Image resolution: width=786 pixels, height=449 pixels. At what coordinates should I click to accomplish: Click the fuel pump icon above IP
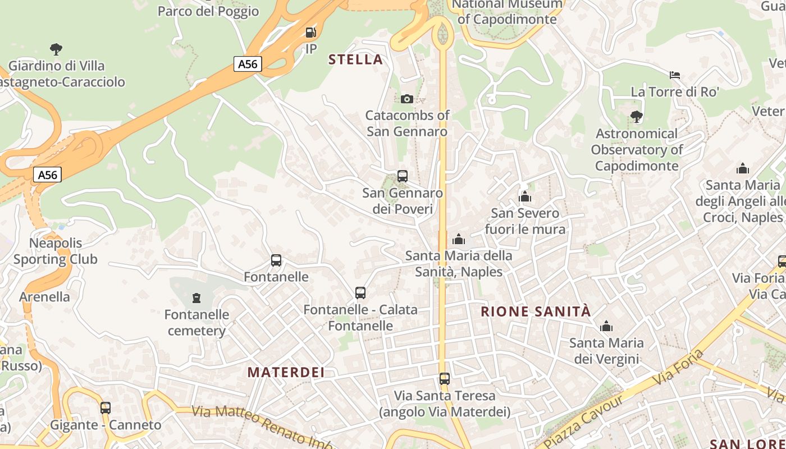coord(310,33)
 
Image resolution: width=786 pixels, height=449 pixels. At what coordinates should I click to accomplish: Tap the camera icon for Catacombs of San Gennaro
coord(407,99)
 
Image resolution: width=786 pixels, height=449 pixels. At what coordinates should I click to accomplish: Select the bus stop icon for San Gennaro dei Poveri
coord(403,176)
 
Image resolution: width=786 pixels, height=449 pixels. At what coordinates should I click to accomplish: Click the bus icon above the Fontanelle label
coord(276,260)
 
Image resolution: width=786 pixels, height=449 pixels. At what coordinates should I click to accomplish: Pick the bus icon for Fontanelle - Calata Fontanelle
coord(360,293)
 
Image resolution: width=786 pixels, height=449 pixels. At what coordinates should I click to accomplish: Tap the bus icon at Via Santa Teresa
coord(445,379)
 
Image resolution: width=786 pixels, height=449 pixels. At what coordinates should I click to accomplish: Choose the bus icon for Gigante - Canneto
coord(106,408)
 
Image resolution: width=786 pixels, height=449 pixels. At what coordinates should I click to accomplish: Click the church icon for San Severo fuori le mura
coord(525,196)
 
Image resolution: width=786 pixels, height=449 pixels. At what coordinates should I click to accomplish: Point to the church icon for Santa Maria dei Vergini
coord(606,326)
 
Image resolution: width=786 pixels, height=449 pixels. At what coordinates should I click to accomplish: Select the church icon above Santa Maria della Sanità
coord(459,240)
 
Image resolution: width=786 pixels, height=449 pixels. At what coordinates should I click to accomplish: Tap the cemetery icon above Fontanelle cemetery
coord(196,297)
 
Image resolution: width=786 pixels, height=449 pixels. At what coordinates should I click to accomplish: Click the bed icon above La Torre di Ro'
coord(675,75)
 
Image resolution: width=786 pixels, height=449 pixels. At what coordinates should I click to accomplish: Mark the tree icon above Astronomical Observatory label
coord(637,117)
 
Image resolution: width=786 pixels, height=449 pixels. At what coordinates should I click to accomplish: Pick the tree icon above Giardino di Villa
coord(56,49)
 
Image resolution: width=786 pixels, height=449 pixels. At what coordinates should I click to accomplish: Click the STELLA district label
coord(355,59)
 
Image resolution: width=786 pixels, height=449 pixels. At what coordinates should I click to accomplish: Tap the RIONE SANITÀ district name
coord(536,311)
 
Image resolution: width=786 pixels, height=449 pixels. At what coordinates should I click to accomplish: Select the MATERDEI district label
coord(286,372)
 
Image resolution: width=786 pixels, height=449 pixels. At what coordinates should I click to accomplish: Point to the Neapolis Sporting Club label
coord(56,251)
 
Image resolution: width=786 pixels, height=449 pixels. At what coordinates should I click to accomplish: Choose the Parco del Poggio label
coord(208,11)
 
